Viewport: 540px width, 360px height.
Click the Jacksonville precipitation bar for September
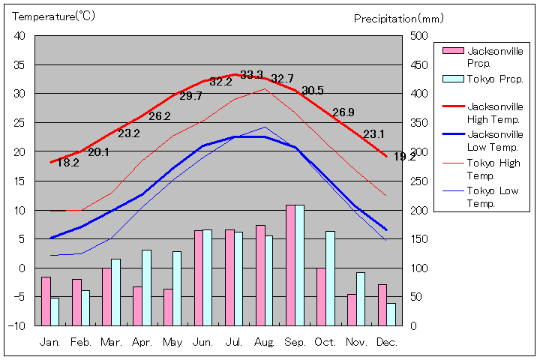tap(290, 265)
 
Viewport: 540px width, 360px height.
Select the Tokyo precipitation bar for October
tap(330, 278)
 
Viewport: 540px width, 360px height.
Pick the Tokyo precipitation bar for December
tap(391, 314)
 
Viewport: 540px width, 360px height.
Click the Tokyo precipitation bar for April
tap(146, 287)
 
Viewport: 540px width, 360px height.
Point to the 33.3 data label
tap(251, 74)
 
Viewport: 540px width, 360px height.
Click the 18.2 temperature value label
tap(68, 162)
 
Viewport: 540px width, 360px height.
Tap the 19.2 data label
tap(404, 157)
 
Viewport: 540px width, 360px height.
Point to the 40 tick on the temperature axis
tap(19, 36)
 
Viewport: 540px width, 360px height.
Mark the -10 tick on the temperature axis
tap(17, 325)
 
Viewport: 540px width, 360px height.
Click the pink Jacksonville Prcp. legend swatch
tap(452, 51)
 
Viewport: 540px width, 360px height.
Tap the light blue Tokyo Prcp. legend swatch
tap(452, 79)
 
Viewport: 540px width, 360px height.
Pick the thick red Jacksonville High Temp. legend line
tap(452, 106)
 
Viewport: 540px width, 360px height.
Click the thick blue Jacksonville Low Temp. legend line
tap(452, 134)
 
